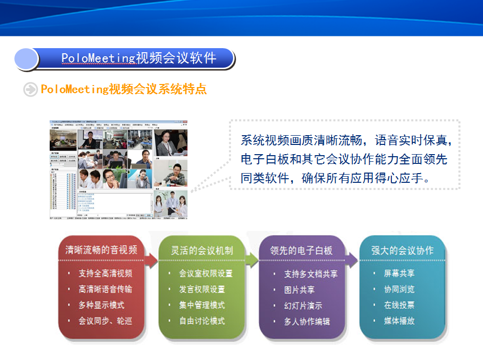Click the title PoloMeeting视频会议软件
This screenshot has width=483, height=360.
139,58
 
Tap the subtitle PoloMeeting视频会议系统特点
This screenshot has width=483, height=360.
123,89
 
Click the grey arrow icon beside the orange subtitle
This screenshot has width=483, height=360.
31,89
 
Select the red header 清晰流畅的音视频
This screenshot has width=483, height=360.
101,250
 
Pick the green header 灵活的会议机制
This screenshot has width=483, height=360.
202,250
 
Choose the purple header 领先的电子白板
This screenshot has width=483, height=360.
302,250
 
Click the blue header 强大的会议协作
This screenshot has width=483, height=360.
402,250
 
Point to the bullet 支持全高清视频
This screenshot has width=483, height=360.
106,273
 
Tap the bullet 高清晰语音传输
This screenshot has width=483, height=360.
106,289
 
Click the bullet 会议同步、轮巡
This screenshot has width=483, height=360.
106,321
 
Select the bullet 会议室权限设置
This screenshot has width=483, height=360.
206,273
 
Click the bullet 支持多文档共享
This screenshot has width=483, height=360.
311,274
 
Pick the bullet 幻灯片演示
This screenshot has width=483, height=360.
304,306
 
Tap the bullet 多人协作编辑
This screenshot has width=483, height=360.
307,322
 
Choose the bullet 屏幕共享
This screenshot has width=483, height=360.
400,273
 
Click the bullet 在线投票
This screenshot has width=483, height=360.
400,305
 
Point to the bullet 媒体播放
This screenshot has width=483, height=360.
400,321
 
